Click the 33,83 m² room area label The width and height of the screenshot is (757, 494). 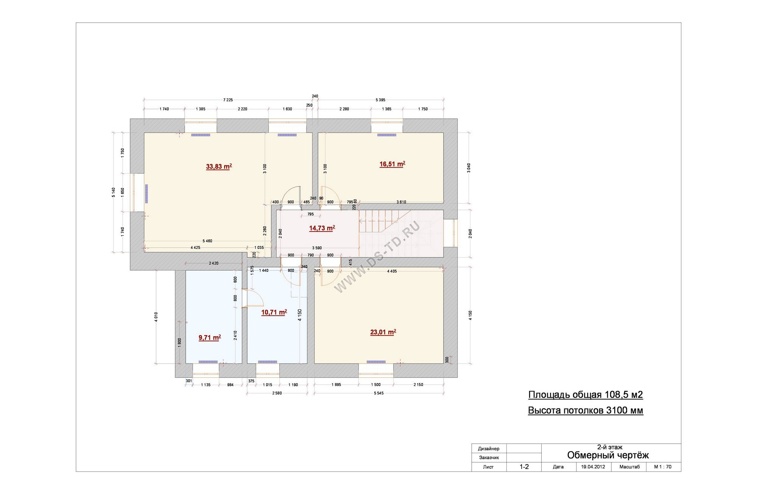click(x=219, y=166)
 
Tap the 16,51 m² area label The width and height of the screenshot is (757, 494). click(x=392, y=164)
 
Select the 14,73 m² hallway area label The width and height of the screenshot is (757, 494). click(x=322, y=228)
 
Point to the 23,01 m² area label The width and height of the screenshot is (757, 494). click(x=383, y=332)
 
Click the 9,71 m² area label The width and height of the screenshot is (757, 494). click(x=210, y=337)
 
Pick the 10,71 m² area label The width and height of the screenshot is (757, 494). click(x=274, y=312)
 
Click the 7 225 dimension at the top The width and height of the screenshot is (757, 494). click(x=228, y=100)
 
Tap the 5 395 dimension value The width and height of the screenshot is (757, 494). click(x=380, y=100)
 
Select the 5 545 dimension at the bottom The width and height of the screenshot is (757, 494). click(x=378, y=393)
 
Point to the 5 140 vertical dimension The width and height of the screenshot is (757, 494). click(x=114, y=193)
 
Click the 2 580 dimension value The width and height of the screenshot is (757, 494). click(x=277, y=393)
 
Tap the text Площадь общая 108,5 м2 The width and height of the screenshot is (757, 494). click(x=586, y=395)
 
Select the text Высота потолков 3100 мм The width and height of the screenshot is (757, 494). click(x=586, y=410)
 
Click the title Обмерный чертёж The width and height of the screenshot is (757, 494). click(x=608, y=455)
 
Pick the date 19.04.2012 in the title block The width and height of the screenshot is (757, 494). click(x=593, y=467)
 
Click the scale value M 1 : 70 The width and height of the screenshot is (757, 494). click(x=663, y=467)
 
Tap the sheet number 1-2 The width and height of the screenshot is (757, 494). click(x=524, y=467)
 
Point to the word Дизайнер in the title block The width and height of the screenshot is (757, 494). click(x=489, y=449)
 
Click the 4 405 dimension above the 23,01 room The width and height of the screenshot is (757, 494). click(x=392, y=271)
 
